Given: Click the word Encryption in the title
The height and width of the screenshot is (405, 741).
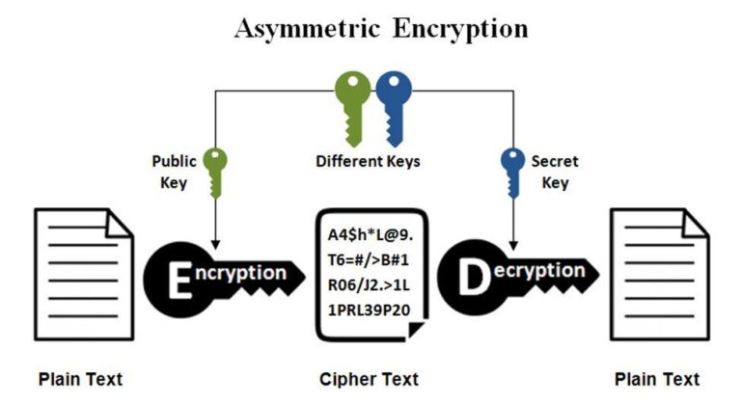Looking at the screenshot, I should pyautogui.click(x=460, y=29).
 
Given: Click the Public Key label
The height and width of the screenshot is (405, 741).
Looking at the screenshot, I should pyautogui.click(x=175, y=170).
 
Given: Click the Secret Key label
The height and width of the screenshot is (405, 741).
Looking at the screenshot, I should pyautogui.click(x=556, y=170).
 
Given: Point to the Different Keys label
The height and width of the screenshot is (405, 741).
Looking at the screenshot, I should pyautogui.click(x=368, y=161).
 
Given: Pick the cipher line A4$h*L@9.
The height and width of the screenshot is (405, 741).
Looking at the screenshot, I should pyautogui.click(x=368, y=236).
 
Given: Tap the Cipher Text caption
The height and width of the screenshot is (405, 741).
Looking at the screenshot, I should pyautogui.click(x=370, y=379).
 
